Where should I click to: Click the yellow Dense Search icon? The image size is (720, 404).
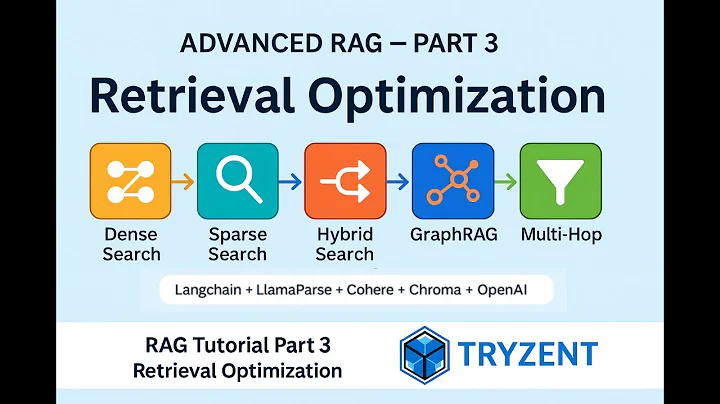(130, 181)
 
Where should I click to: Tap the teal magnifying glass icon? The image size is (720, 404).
(237, 181)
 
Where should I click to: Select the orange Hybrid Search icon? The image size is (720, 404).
(344, 181)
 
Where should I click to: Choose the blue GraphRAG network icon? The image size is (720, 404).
(452, 181)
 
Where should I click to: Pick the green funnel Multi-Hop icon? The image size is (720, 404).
(560, 181)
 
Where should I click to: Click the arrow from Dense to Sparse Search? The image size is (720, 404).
(183, 182)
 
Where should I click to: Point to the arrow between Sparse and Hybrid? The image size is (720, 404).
(290, 182)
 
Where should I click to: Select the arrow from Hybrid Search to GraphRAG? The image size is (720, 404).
(398, 182)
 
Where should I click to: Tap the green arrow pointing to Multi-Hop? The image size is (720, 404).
(506, 182)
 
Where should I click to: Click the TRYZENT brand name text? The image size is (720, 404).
(530, 354)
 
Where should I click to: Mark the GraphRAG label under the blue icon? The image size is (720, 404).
(452, 235)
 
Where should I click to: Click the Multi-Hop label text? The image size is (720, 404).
(560, 235)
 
